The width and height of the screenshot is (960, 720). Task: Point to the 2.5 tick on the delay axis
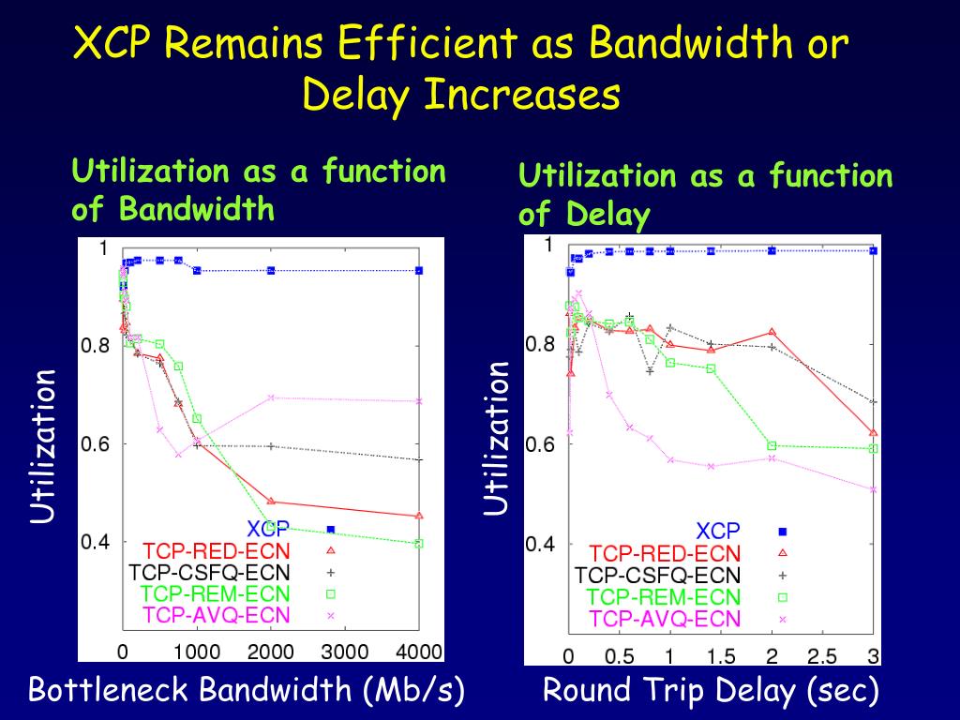[x=821, y=655]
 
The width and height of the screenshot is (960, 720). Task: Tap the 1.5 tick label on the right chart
[x=720, y=655]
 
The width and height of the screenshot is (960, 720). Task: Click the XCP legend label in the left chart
[x=268, y=530]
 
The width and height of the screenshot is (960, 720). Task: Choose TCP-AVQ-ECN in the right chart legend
[x=665, y=619]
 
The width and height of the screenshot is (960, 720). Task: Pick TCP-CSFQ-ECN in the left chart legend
[x=209, y=572]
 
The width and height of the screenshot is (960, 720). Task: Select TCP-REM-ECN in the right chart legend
[x=664, y=597]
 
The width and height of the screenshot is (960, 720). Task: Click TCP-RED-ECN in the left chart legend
[x=217, y=550]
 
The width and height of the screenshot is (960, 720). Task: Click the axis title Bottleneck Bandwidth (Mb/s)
[x=247, y=692]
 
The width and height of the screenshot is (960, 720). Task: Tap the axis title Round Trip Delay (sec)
[x=712, y=692]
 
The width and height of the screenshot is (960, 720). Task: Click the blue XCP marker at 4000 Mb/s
[x=419, y=270]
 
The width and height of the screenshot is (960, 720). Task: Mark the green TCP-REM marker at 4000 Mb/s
[x=419, y=543]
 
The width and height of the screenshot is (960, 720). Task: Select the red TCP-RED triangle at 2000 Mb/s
[x=271, y=502]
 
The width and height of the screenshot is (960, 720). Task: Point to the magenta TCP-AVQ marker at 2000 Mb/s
[x=271, y=397]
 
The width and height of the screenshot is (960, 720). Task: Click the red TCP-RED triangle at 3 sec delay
[x=873, y=432]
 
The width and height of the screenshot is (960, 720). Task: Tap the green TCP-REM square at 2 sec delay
[x=772, y=445]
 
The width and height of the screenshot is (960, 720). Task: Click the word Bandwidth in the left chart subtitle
[x=197, y=208]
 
